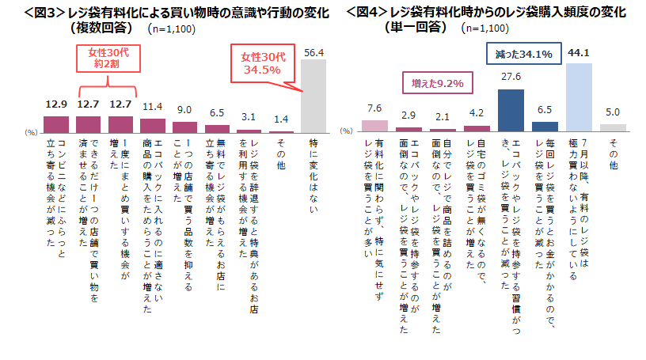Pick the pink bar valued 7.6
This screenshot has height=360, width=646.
point(374,125)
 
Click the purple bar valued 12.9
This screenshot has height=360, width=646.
point(55,123)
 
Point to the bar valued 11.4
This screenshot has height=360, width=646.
point(152,125)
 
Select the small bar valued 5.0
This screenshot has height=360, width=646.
point(613,127)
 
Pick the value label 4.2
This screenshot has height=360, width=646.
point(476,114)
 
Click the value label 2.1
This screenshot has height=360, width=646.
point(443,117)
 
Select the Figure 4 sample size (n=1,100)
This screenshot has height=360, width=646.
point(484,28)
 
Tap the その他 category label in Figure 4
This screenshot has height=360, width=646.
point(613,153)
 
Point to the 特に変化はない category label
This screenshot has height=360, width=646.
point(313,169)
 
